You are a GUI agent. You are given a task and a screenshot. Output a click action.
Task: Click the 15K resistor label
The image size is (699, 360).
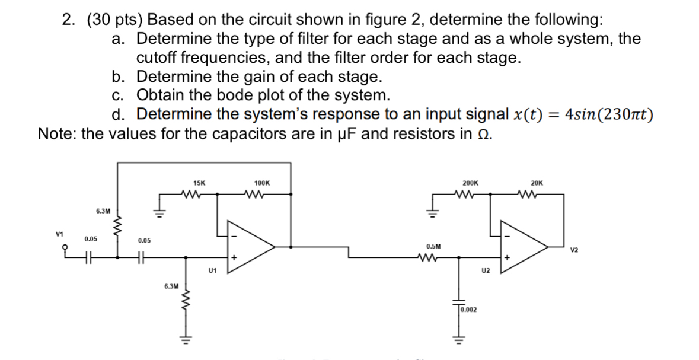199,184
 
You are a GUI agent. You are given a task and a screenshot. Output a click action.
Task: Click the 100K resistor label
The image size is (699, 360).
261,184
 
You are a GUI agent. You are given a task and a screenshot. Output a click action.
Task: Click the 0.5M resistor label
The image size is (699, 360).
433,246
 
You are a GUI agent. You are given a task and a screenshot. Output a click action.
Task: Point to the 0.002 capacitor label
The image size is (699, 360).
470,310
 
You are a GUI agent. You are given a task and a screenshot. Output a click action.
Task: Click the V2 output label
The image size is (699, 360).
574,250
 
